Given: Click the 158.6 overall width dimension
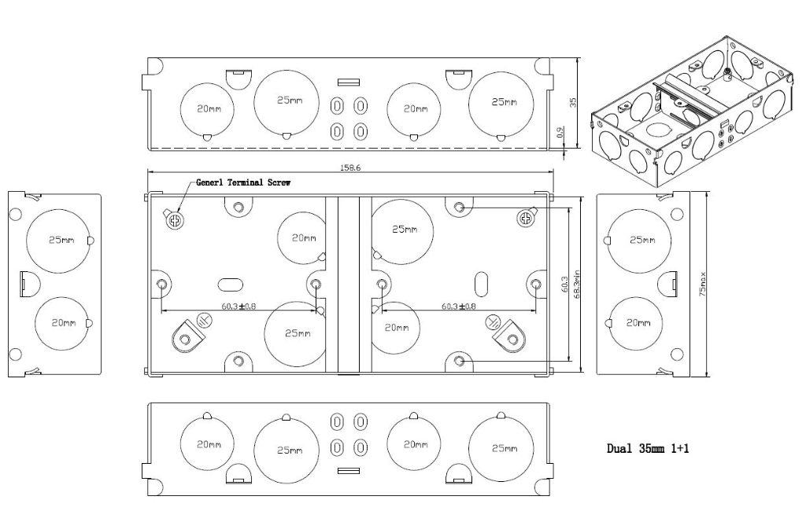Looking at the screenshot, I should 349,167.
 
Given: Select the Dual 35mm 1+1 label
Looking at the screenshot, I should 649,449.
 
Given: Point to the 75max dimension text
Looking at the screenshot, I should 703,284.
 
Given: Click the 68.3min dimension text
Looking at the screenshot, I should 577,285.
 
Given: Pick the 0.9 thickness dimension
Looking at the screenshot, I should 560,134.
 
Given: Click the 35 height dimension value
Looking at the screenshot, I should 573,102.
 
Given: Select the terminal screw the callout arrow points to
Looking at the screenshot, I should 174,220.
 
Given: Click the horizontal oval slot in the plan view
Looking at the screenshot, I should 230,284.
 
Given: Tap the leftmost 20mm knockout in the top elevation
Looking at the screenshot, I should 208,110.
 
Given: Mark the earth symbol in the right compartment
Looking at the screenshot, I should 493,321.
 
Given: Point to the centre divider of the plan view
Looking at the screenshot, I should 349,284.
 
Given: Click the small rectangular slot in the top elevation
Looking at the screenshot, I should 348,81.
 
